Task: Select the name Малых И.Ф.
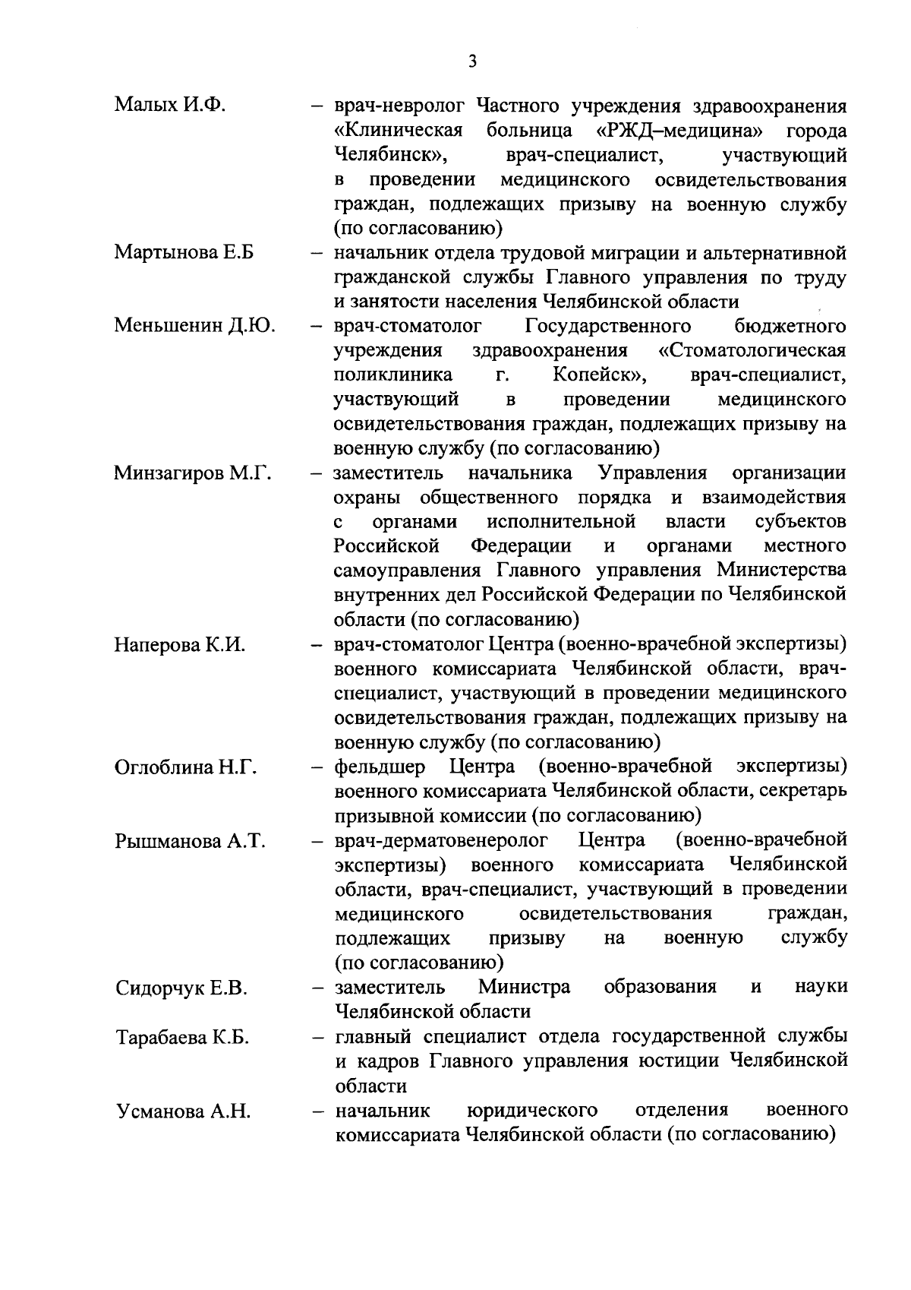(171, 106)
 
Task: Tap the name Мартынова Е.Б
(184, 253)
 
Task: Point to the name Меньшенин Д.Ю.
(195, 327)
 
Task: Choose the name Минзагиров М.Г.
(193, 474)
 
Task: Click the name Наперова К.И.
(181, 646)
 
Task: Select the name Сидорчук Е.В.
(182, 989)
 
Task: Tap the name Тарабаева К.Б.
(183, 1038)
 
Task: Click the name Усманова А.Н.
(184, 1111)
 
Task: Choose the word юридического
(532, 1111)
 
